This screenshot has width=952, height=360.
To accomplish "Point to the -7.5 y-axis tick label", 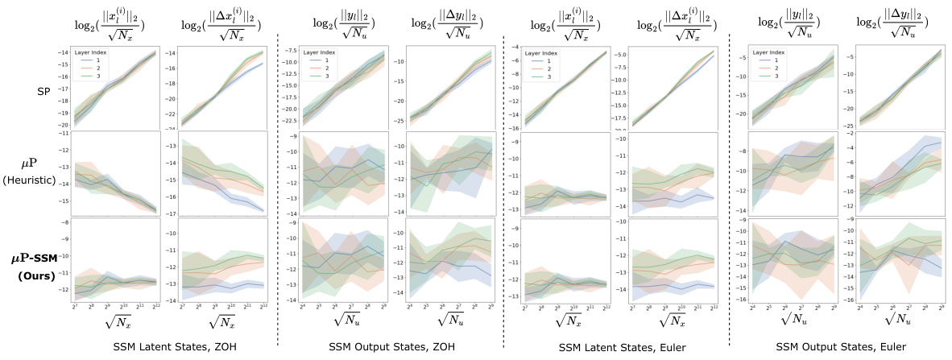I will (x=292, y=50).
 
